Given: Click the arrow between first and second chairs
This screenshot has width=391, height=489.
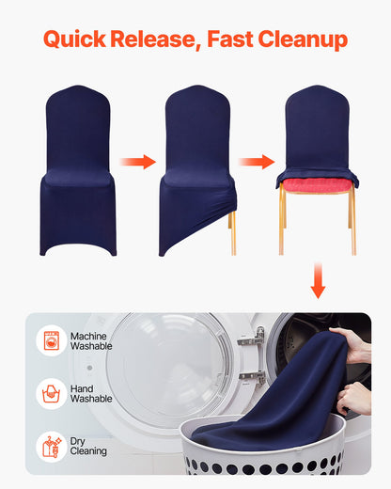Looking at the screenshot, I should [138, 162].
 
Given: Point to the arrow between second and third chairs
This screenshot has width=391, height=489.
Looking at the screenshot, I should [256, 162].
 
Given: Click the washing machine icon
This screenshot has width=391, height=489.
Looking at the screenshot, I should [51, 341].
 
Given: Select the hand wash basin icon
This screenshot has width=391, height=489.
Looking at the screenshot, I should [51, 393].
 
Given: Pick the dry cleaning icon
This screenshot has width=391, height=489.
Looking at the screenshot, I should [51, 446].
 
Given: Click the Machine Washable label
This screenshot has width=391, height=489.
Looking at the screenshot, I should [91, 341].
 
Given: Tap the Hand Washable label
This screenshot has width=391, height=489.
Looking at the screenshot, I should [91, 393].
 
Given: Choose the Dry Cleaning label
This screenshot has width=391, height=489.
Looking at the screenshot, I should [89, 446].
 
